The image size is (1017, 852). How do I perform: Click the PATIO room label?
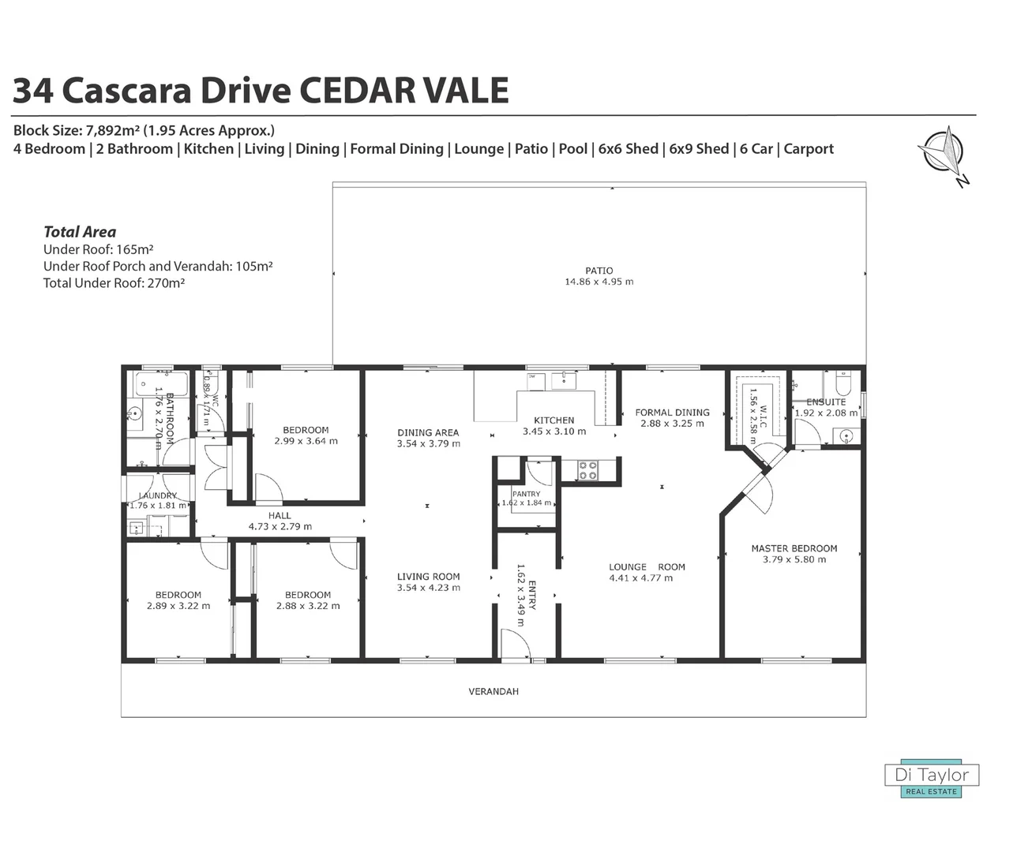(x=599, y=271)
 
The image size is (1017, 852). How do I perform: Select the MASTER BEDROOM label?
(x=794, y=548)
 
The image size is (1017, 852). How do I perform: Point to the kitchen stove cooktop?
(x=588, y=471)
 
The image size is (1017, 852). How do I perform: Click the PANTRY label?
(x=526, y=494)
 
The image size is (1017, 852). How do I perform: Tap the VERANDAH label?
(x=493, y=691)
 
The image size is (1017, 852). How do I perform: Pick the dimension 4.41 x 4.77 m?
(x=640, y=578)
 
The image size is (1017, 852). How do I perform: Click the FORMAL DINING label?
(x=672, y=412)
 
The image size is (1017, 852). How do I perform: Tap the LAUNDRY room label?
(x=157, y=495)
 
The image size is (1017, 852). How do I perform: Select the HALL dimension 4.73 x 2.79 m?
(x=280, y=526)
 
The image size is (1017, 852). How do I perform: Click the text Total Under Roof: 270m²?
(x=114, y=283)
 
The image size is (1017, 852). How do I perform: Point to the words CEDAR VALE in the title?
(x=406, y=91)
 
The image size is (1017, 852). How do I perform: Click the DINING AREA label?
(x=428, y=432)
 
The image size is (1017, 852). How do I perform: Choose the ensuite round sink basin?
(x=846, y=435)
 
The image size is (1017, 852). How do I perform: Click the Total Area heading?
(x=80, y=232)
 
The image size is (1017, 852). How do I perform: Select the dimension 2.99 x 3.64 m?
(x=306, y=441)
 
